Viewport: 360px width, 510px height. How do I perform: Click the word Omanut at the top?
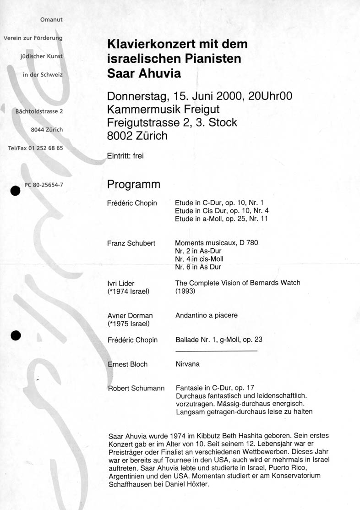[x=51, y=20]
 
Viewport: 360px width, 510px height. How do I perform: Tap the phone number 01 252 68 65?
[x=46, y=148]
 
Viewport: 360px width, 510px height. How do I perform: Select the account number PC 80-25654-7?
[x=44, y=185]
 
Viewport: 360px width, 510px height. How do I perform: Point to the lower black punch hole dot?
[x=16, y=335]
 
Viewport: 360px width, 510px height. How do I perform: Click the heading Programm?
[x=134, y=184]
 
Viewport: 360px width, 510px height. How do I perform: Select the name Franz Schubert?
[x=131, y=243]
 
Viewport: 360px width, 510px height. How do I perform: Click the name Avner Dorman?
[x=130, y=315]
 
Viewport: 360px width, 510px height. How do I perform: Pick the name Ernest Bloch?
[x=127, y=364]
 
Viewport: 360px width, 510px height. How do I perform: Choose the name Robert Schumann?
[x=136, y=389]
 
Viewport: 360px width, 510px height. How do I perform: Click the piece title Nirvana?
[x=188, y=364]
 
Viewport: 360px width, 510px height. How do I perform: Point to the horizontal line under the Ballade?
[x=216, y=351]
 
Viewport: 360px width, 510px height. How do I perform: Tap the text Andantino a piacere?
[x=207, y=315]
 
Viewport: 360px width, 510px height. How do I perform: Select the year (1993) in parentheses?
[x=185, y=291]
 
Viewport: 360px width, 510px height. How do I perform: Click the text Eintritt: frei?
[x=125, y=156]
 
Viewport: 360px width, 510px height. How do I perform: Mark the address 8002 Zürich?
[x=137, y=136]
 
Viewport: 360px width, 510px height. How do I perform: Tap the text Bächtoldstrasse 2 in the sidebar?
[x=39, y=111]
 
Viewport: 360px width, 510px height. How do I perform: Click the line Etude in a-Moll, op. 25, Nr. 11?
[x=221, y=219]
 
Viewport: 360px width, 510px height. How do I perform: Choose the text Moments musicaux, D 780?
[x=217, y=243]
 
